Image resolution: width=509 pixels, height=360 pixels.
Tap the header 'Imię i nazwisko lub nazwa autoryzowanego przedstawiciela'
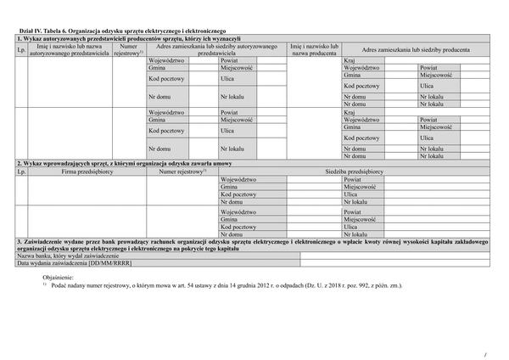(x=69, y=49)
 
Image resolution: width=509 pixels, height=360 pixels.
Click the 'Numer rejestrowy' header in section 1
(x=129, y=49)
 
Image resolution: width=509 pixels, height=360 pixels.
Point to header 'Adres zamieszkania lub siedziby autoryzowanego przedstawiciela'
(x=216, y=49)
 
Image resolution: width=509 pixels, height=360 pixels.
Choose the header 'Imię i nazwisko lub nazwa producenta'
(x=314, y=49)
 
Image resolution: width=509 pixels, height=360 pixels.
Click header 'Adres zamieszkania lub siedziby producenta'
(x=416, y=49)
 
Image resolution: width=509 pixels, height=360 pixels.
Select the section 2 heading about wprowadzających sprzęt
(x=124, y=162)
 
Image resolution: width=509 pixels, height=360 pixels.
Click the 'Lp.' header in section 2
(x=21, y=172)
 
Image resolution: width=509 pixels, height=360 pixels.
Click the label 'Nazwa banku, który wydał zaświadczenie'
(x=69, y=256)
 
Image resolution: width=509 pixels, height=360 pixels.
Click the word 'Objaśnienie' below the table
(x=59, y=277)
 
